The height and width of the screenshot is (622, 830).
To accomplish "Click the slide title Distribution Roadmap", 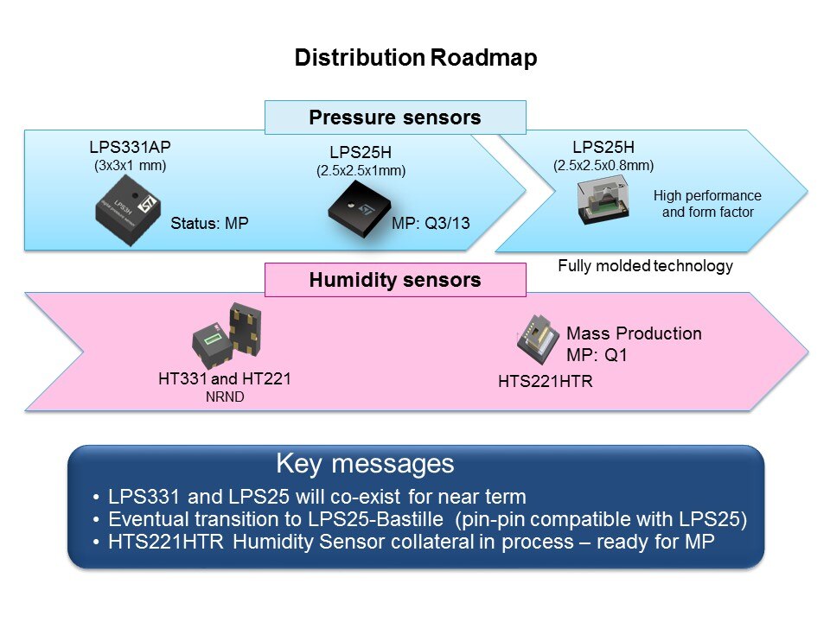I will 415,58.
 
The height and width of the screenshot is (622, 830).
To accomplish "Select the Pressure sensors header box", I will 395,117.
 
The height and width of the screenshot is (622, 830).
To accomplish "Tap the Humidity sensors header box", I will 395,280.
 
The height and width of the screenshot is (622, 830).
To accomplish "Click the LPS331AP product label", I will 130,147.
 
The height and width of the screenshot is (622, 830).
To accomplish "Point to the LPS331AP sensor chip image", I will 126,208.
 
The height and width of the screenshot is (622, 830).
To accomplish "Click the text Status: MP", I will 209,223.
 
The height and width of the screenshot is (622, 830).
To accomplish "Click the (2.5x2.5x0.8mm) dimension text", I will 603,165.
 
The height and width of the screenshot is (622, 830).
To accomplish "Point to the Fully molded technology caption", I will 645,266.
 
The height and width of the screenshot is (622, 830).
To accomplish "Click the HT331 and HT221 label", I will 225,378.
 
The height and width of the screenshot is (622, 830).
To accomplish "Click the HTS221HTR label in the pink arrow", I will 546,381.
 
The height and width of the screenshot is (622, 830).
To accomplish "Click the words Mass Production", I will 634,333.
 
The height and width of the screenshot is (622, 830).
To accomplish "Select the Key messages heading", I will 364,464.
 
